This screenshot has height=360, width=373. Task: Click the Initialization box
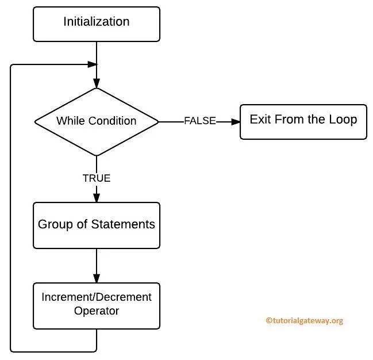(96, 24)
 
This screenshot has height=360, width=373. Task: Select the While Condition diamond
(96, 121)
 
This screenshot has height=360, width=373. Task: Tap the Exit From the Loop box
(303, 121)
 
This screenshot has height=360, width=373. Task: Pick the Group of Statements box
(96, 225)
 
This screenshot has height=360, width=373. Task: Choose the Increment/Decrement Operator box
(96, 305)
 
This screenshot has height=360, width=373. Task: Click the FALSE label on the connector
(199, 121)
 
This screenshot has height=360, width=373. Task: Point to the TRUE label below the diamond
(96, 178)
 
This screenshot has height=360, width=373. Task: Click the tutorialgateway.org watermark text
(304, 321)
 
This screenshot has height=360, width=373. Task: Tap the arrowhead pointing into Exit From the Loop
(236, 121)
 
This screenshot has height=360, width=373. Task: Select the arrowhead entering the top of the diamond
(96, 83)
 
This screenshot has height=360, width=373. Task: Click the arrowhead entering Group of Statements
(96, 198)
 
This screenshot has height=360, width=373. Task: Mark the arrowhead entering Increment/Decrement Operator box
(96, 278)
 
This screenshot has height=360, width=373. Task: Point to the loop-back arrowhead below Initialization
(91, 64)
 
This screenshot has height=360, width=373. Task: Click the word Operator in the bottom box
(96, 311)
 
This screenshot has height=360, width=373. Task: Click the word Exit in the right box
(259, 120)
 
